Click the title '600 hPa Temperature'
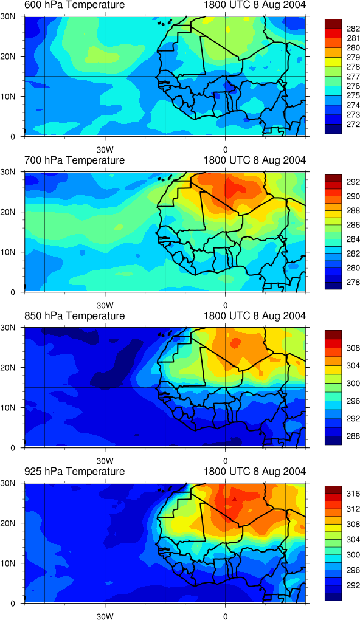[74, 5]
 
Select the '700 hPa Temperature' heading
[74, 160]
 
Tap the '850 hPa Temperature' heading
[74, 316]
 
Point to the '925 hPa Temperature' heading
[74, 471]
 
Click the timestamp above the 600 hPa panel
[255, 5]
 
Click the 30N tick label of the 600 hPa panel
[13, 17]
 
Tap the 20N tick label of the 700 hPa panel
[13, 212]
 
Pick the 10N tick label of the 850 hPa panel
[13, 408]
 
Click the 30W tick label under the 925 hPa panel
[105, 616]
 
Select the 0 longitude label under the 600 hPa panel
[225, 150]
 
